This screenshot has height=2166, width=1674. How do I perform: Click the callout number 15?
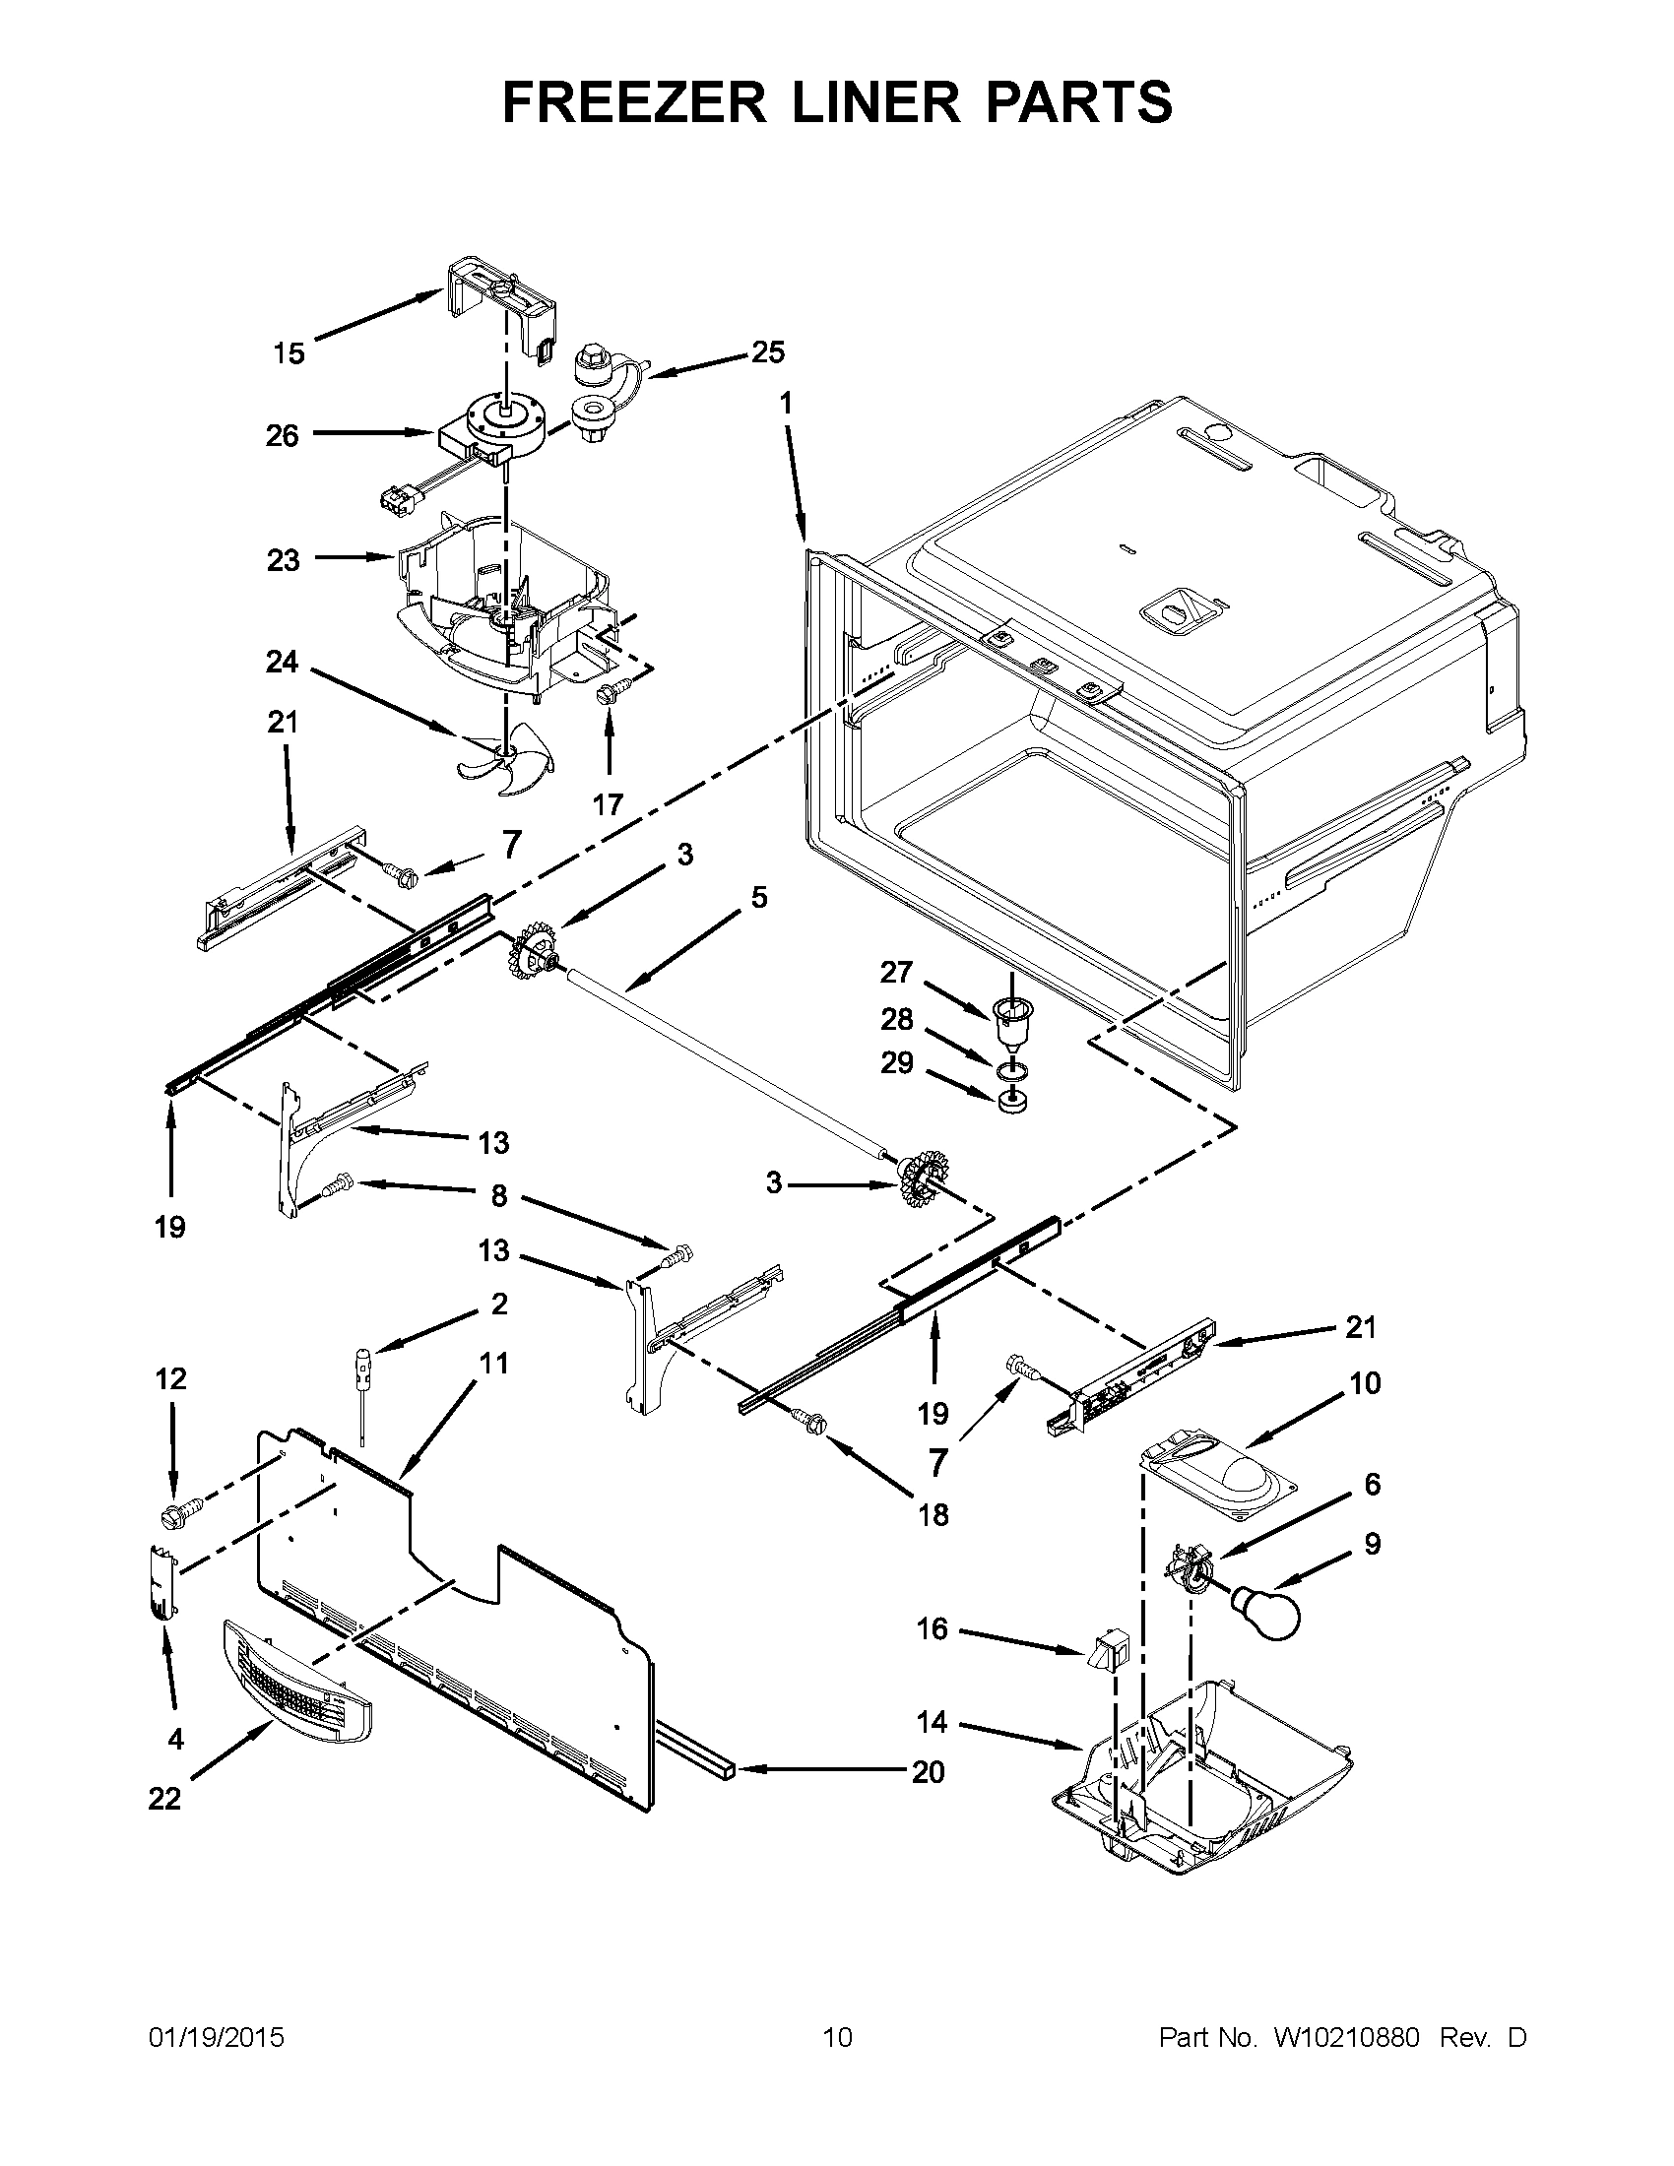(x=290, y=353)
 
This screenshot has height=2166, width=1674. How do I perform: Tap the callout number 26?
(x=283, y=435)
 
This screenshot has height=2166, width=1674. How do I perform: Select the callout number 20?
(x=929, y=1771)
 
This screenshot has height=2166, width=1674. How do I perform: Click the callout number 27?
(x=895, y=972)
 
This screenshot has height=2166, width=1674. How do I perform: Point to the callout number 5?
(x=758, y=898)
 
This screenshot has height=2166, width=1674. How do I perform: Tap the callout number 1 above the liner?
(x=786, y=404)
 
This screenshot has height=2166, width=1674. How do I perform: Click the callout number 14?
(x=932, y=1722)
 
